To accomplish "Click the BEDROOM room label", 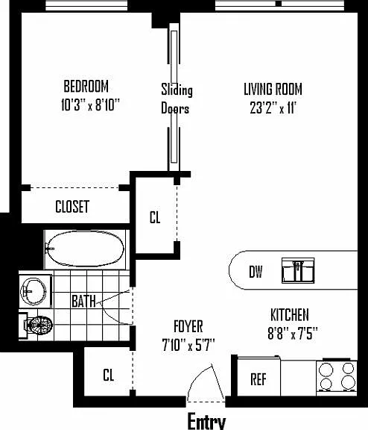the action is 86,86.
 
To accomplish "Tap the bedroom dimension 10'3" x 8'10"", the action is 90,105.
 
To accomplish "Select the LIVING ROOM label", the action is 273,89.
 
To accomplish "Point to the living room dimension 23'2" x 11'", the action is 273,107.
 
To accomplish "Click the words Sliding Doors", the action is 177,99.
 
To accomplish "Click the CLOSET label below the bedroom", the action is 72,207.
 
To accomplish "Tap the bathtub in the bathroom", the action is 86,249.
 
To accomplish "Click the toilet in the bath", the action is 37,325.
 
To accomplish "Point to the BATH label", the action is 83,301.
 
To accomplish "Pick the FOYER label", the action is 188,326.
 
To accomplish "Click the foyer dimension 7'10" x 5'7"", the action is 188,345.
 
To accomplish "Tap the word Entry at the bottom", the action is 207,421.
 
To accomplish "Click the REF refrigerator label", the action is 258,379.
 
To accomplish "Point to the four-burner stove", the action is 337,376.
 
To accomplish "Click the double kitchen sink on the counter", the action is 298,270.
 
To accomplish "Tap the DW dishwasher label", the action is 256,272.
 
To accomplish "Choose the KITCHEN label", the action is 290,315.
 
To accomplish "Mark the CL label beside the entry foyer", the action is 109,375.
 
